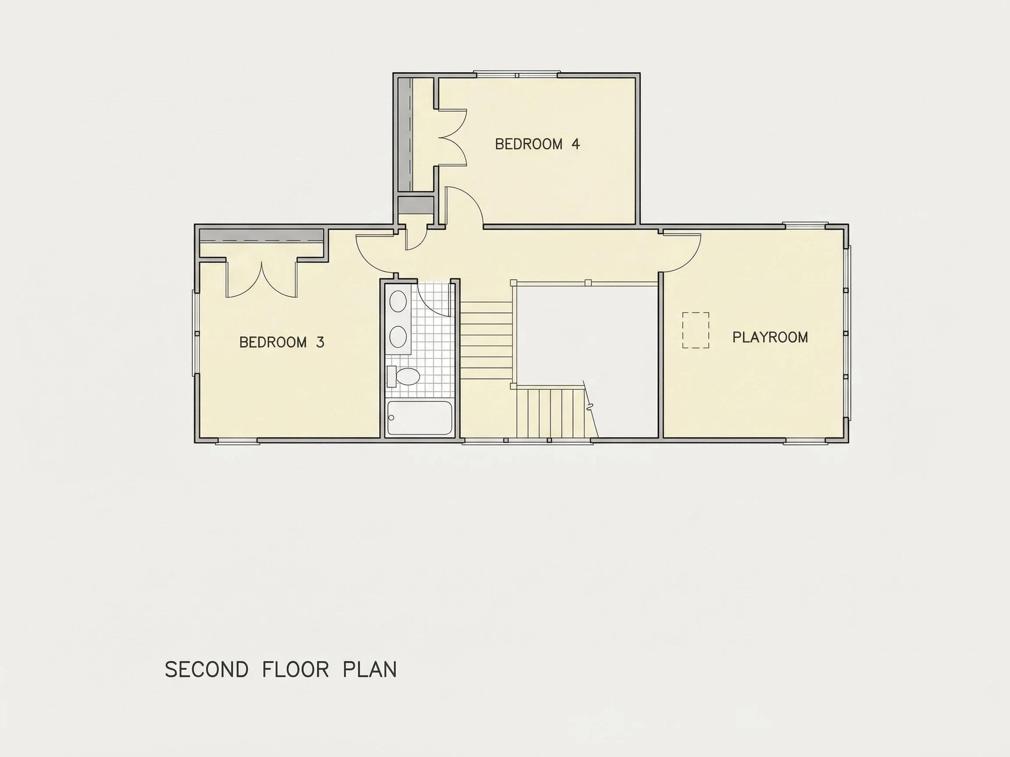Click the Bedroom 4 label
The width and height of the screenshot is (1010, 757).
point(537,144)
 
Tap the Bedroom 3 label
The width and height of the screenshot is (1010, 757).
point(282,342)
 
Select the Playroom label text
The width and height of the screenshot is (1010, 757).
point(770,337)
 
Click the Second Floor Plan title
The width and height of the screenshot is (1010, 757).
point(281,669)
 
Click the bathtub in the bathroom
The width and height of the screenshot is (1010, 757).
point(420,417)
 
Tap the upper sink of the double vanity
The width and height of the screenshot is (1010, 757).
point(398,301)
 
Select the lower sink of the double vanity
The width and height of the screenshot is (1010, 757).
point(398,337)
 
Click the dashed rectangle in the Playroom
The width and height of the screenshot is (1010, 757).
point(696,330)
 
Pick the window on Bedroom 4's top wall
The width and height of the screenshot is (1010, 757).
point(517,74)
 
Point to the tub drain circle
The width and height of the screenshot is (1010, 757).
point(391,417)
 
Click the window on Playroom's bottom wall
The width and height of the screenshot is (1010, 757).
point(806,441)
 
